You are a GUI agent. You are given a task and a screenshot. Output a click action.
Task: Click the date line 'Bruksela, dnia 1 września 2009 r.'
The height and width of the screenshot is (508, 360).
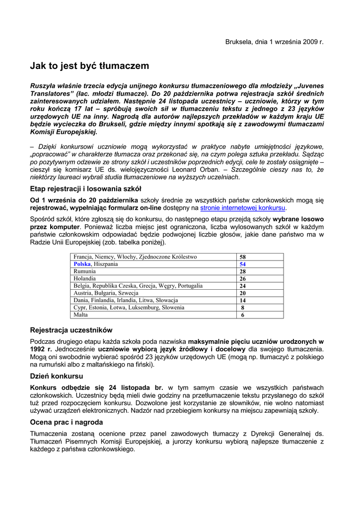click(275, 42)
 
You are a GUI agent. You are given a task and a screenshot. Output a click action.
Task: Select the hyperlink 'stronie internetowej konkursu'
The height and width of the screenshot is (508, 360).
click(243, 208)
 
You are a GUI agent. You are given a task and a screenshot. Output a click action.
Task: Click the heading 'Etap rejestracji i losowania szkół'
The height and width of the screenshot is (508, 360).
click(85, 189)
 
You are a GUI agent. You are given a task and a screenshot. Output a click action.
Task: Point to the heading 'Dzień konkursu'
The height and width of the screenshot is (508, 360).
click(57, 376)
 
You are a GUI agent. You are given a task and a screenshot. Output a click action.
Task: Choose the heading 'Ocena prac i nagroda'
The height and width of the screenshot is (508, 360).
click(67, 422)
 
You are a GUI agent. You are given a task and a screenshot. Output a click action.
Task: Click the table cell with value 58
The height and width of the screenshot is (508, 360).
click(243, 257)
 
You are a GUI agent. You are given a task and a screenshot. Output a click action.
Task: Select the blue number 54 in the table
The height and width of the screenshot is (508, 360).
click(243, 264)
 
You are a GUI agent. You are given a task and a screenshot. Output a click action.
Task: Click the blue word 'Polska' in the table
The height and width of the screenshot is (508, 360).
click(82, 264)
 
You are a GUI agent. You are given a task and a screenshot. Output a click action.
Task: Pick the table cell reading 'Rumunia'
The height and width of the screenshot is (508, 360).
click(84, 271)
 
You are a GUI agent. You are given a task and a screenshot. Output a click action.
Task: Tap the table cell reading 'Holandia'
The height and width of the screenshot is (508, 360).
click(85, 279)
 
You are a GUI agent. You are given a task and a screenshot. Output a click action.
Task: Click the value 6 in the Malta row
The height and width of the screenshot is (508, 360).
click(243, 315)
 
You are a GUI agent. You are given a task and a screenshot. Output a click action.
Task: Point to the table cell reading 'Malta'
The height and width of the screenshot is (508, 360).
click(80, 315)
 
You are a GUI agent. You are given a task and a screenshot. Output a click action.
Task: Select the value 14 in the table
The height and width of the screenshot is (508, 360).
click(243, 300)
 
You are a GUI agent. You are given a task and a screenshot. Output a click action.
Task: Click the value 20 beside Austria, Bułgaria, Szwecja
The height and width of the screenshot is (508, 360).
click(243, 293)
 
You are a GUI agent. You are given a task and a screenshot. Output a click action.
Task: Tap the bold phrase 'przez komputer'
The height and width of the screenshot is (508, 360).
click(51, 226)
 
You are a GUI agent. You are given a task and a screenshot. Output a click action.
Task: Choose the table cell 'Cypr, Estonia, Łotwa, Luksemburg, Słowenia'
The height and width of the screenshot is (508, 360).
click(129, 308)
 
